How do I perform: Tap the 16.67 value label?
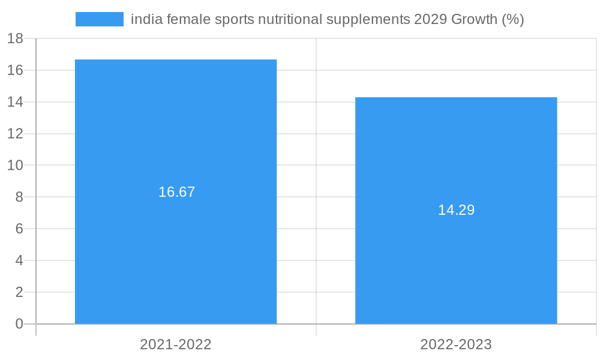tap(177, 192)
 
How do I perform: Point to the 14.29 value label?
tap(456, 210)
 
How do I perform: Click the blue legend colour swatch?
tap(99, 19)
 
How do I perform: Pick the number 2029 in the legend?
tap(430, 19)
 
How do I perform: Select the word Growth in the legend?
tap(474, 19)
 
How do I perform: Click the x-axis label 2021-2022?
tap(176, 344)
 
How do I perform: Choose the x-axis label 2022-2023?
tap(456, 344)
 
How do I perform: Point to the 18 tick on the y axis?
tap(15, 38)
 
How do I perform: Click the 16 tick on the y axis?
tap(15, 70)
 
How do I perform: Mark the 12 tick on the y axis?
tap(15, 134)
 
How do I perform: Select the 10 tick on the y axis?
tap(15, 165)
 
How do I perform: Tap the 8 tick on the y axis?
tap(19, 197)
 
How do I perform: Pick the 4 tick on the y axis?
tap(19, 260)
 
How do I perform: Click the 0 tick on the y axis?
tap(19, 324)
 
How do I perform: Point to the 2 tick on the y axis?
tap(19, 292)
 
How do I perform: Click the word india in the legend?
tap(143, 19)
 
